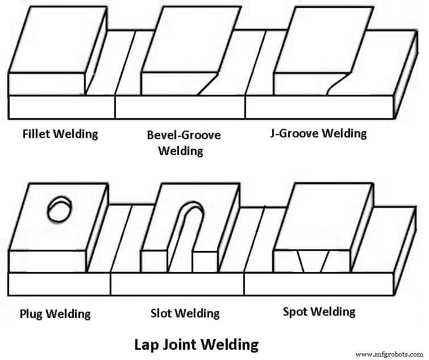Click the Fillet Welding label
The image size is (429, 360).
(60, 135)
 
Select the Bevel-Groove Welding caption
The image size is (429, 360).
(184, 143)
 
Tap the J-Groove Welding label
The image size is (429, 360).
(318, 133)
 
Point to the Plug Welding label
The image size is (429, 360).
(55, 313)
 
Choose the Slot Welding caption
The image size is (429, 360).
(185, 313)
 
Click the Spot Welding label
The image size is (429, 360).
(319, 312)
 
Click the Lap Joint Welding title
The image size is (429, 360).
(196, 344)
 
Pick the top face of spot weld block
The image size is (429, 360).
(324, 216)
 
